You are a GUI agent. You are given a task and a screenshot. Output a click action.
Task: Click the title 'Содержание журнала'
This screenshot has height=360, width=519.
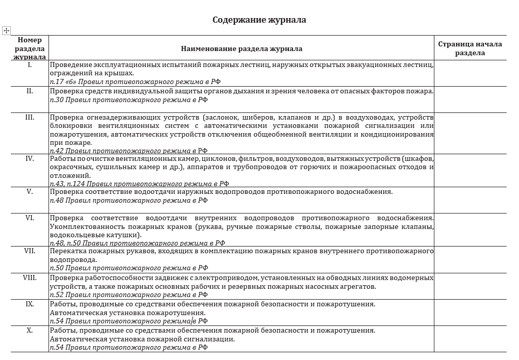(259, 20)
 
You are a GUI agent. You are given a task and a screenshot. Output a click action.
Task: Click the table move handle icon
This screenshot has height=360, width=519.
(7, 31)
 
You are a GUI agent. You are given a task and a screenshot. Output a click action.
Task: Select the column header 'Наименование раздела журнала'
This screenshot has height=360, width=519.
(241, 48)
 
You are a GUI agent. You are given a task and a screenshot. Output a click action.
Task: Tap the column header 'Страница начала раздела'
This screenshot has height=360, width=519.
(470, 48)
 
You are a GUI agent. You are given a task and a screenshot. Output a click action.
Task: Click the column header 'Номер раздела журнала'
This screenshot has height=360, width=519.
(30, 48)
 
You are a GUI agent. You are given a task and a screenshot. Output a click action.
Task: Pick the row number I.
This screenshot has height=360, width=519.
(30, 65)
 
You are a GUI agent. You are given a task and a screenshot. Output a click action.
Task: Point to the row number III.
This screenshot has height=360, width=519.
(30, 117)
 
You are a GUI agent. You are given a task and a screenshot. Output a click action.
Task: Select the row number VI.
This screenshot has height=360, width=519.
(30, 218)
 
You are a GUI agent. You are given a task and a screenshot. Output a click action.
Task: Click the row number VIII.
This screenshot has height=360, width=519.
(30, 278)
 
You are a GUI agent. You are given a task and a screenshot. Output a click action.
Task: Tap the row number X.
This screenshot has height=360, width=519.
(30, 331)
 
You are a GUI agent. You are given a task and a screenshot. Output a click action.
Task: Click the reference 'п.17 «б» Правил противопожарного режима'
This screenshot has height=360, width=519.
(128, 81)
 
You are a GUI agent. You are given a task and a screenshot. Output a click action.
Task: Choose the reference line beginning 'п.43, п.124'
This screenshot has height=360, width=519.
(139, 183)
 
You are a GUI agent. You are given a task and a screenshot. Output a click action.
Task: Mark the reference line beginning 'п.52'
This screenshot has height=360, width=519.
(128, 294)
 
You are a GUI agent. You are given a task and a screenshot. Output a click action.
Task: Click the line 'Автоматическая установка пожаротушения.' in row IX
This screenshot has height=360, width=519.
(127, 313)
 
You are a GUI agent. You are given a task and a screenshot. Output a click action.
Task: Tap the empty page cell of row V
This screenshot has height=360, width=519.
(470, 200)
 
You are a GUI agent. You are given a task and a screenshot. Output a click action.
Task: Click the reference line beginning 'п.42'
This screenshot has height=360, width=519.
(128, 151)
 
